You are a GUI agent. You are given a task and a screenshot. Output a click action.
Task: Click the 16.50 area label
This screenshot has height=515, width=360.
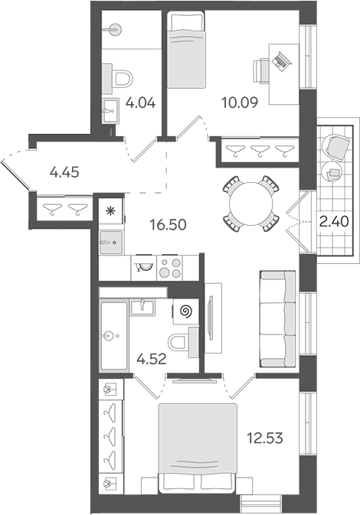pyautogui.click(x=168, y=225)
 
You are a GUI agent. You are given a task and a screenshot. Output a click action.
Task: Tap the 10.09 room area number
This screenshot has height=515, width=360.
pyautogui.click(x=240, y=103)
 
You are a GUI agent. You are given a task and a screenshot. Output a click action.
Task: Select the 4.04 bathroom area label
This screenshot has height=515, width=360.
pyautogui.click(x=140, y=103)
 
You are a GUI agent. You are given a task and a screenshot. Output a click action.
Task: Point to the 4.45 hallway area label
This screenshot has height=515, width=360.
pyautogui.click(x=64, y=172)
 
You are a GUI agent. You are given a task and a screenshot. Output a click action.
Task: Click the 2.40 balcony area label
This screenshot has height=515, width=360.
pyautogui.click(x=334, y=222)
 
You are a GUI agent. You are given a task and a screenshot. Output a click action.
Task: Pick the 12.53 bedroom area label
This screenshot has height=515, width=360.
pyautogui.click(x=265, y=438)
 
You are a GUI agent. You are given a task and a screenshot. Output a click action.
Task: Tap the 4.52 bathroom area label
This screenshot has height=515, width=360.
pyautogui.click(x=152, y=360)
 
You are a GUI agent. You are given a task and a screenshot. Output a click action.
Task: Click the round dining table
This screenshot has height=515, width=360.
pyautogui.click(x=251, y=204)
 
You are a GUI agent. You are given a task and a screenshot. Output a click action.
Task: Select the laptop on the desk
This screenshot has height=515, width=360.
pyautogui.click(x=280, y=60)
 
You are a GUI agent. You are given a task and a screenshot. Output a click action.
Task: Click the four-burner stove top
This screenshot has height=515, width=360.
pyautogui.click(x=169, y=268)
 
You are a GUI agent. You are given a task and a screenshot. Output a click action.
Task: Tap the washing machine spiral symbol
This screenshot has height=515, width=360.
pyautogui.click(x=186, y=311)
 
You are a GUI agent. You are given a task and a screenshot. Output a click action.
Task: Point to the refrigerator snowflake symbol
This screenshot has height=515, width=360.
pyautogui.click(x=111, y=210)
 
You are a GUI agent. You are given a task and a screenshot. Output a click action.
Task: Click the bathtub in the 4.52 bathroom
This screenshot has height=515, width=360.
pyautogui.click(x=113, y=337)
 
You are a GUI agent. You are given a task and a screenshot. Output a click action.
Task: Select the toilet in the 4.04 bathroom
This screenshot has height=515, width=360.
pyautogui.click(x=120, y=79)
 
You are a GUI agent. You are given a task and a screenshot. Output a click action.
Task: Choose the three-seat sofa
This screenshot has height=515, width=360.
pyautogui.click(x=278, y=318)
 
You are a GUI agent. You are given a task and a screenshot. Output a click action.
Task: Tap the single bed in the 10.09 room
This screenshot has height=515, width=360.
pyautogui.click(x=186, y=50)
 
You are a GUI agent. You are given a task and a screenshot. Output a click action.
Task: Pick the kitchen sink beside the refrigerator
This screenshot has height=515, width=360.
pyautogui.click(x=111, y=243)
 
